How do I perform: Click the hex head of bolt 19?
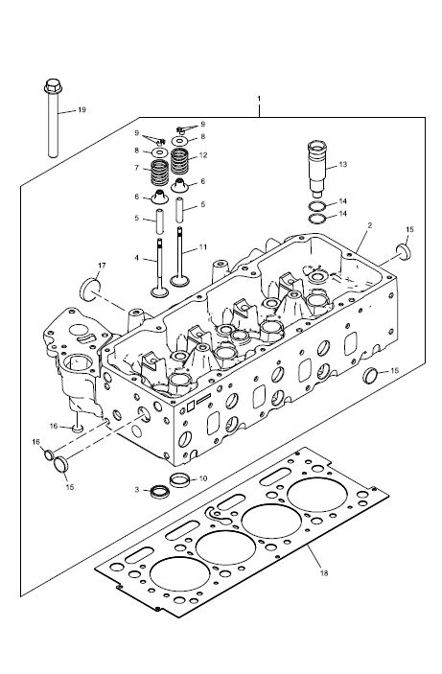pos(53,86)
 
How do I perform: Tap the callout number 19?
pos(81,109)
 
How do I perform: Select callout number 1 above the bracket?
pos(259,99)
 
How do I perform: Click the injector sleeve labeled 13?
pos(317,169)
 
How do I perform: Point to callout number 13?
pos(342,164)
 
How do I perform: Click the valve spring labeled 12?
pos(179,161)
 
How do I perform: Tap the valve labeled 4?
pos(159,267)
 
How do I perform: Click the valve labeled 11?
pos(179,257)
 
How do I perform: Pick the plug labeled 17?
pos(90,290)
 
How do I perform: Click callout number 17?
pos(102,266)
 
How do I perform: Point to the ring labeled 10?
pos(179,479)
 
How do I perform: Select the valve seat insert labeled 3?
pos(160,491)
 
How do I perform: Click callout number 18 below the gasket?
pos(324,573)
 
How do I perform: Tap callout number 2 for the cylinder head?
pos(370,224)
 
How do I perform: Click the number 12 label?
pos(203,154)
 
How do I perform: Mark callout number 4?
pos(136,258)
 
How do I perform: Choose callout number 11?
pos(203,247)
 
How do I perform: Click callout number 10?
pos(203,478)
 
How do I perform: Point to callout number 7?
pos(137,168)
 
